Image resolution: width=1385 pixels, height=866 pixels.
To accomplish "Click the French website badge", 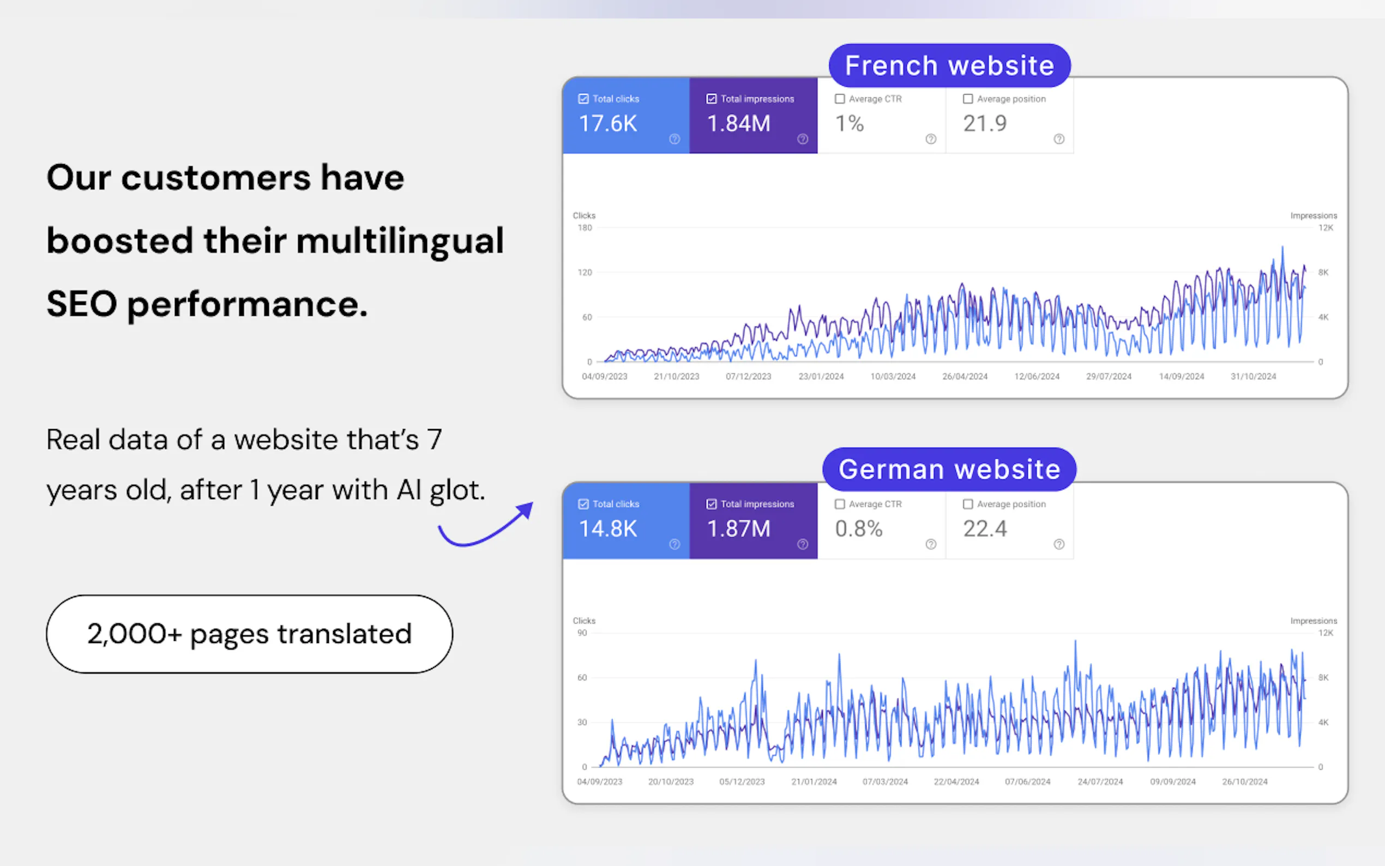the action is [x=949, y=65].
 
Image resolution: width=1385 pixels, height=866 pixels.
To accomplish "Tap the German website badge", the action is [x=949, y=469].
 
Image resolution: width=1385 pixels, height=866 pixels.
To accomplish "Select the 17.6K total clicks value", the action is [x=607, y=124].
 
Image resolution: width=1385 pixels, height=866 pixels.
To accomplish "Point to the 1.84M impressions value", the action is [x=739, y=124].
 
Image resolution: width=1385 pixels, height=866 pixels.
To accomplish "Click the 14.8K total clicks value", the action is [x=607, y=528].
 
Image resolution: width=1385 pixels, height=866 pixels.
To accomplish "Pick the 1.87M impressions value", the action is [x=739, y=528].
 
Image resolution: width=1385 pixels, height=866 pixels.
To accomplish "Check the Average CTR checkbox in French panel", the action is [x=840, y=99].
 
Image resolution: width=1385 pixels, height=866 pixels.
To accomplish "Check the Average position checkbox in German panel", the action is [x=968, y=504].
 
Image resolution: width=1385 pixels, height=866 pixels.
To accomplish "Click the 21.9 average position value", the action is [x=985, y=124].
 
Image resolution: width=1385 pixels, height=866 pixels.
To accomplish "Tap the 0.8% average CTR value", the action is [x=859, y=528].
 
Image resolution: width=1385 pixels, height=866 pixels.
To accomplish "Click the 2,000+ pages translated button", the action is [x=250, y=634].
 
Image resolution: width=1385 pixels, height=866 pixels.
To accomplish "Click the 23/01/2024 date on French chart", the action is [x=821, y=376].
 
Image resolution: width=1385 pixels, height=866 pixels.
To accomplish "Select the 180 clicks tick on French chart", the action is [x=585, y=228].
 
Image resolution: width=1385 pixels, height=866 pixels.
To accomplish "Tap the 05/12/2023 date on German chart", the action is [x=742, y=782].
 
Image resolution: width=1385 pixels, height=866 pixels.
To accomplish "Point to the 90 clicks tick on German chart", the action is [x=582, y=633].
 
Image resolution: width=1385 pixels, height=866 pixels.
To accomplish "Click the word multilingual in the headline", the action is [x=400, y=241].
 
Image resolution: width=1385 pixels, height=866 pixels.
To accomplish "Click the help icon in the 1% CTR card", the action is [x=931, y=139].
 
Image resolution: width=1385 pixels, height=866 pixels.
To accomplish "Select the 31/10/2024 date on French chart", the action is [x=1253, y=376].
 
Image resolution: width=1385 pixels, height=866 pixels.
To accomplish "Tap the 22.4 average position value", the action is [x=985, y=528].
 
